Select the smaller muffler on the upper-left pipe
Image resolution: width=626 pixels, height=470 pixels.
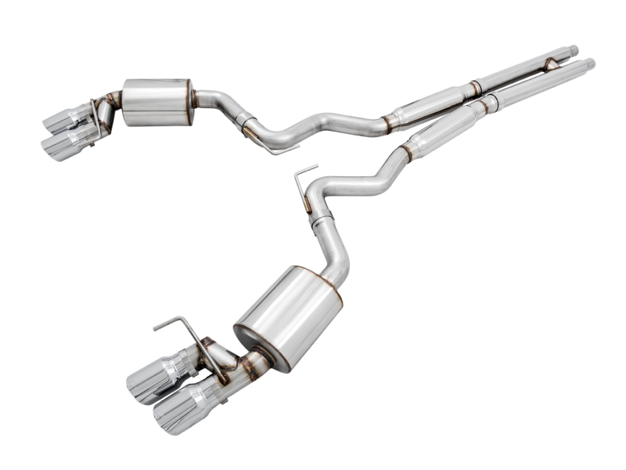[x=157, y=101]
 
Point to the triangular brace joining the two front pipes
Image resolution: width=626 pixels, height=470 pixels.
[x=552, y=63]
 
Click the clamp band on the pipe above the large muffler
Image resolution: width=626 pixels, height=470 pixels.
[x=321, y=222]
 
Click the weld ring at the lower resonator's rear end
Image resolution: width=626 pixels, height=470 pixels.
[x=405, y=151]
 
